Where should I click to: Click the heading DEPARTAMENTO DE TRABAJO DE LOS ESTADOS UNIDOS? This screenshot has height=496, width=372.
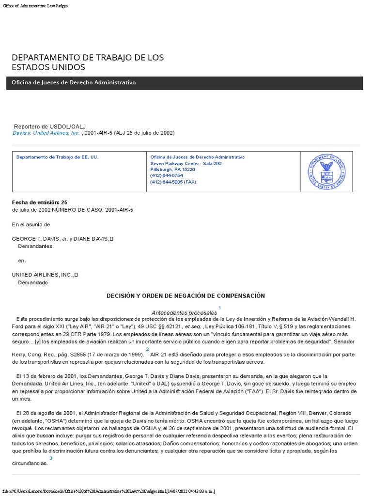[x=88, y=62]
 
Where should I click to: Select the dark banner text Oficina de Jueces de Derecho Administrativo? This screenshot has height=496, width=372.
[x=74, y=83]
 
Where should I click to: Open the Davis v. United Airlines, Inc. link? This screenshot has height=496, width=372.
[x=46, y=133]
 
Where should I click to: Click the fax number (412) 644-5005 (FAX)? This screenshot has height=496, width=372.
[x=173, y=182]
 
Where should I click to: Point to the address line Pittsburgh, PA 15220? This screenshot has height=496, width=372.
[x=172, y=170]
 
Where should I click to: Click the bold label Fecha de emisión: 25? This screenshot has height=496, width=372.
[x=40, y=202]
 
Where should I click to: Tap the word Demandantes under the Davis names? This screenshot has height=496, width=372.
[x=35, y=246]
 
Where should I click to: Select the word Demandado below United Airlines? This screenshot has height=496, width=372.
[x=33, y=282]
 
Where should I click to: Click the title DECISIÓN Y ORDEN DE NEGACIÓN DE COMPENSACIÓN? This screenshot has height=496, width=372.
[x=186, y=295]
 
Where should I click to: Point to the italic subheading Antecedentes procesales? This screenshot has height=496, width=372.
[x=184, y=312]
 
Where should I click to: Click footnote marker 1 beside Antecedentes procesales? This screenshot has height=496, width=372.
[x=220, y=308]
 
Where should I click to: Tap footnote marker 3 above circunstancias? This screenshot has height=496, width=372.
[x=51, y=458]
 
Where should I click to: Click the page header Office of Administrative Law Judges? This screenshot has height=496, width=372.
[x=35, y=6]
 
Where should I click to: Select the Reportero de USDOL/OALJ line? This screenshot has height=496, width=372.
[x=50, y=126]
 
